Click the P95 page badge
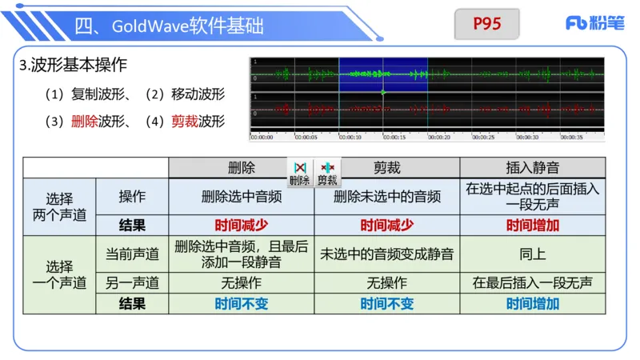pyautogui.click(x=486, y=24)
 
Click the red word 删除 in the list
pyautogui.click(x=84, y=122)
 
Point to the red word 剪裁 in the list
pyautogui.click(x=184, y=122)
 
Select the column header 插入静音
pyautogui.click(x=532, y=168)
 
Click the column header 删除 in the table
pyautogui.click(x=241, y=168)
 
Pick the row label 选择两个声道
pyautogui.click(x=59, y=206)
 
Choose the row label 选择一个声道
pyautogui.click(x=59, y=274)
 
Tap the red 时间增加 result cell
pyautogui.click(x=532, y=226)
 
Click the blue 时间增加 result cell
pyautogui.click(x=532, y=304)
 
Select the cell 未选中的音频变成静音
pyautogui.click(x=386, y=254)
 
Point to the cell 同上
pyautogui.click(x=532, y=254)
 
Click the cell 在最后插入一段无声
pyautogui.click(x=532, y=283)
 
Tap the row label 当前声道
pyautogui.click(x=132, y=254)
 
